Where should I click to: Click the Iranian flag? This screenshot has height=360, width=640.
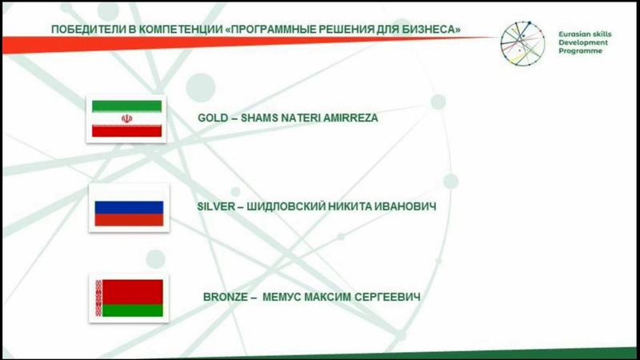[126, 118]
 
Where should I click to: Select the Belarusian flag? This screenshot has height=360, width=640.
[129, 298]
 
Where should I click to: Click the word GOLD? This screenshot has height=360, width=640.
[213, 118]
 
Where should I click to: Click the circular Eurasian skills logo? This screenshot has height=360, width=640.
[523, 44]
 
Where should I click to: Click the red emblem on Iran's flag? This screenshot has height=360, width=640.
[126, 118]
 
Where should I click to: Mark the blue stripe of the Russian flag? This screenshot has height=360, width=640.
[129, 207]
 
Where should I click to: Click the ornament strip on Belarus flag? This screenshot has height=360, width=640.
[98, 298]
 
